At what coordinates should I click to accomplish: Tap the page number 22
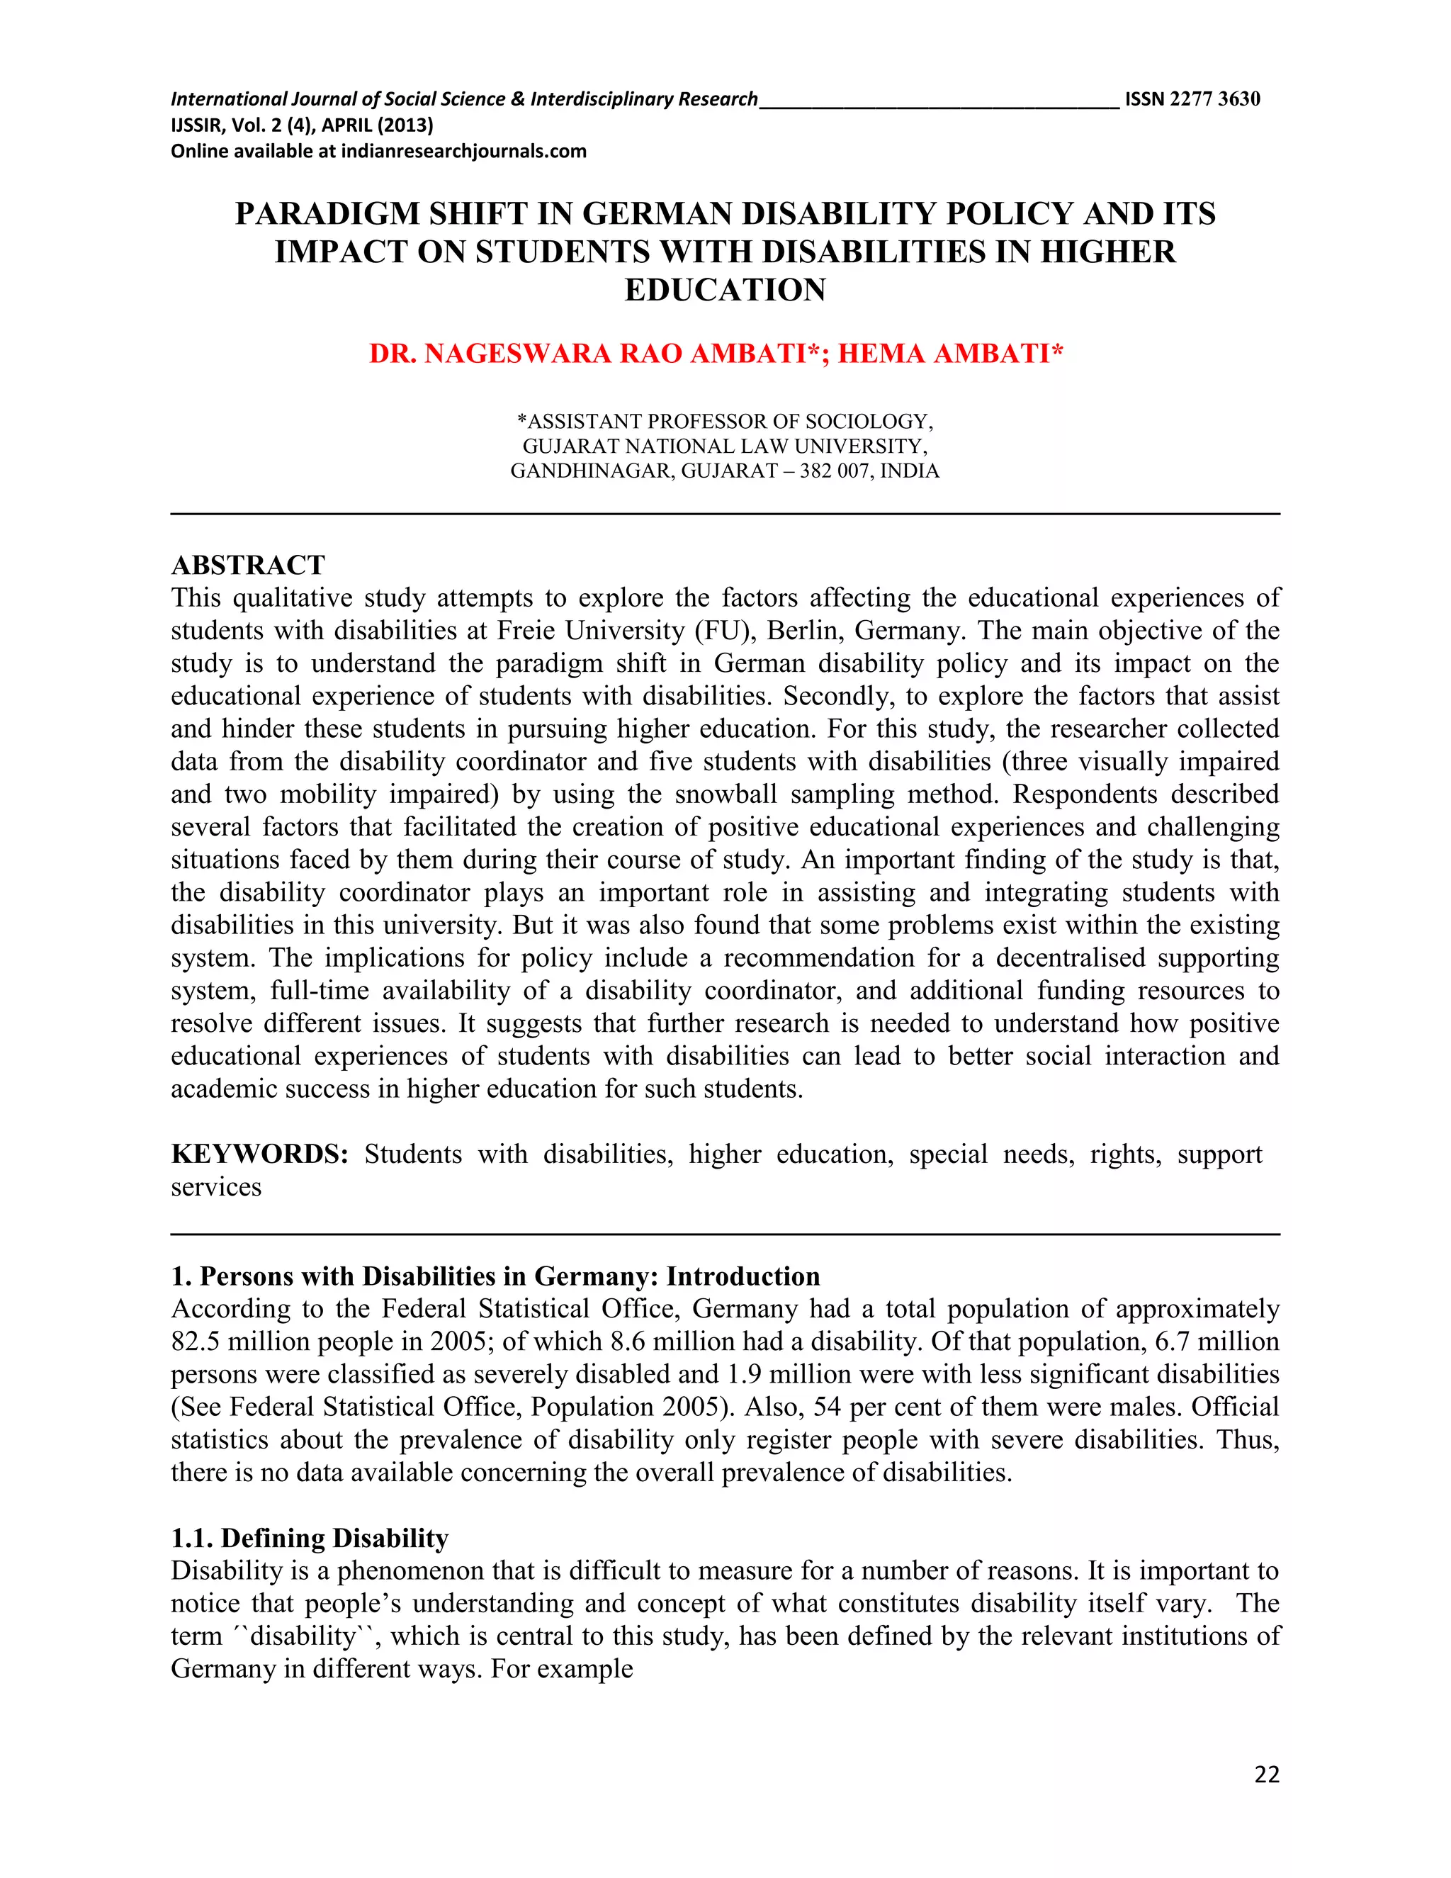click(1266, 1774)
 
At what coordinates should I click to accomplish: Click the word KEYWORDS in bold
click(259, 1154)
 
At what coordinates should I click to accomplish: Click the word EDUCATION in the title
click(725, 290)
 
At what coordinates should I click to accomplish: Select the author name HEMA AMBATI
click(950, 354)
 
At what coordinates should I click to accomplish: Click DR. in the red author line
click(392, 354)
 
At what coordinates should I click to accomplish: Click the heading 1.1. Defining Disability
click(310, 1538)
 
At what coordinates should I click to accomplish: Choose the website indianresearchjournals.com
click(463, 152)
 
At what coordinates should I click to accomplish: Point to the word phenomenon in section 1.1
click(411, 1570)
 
